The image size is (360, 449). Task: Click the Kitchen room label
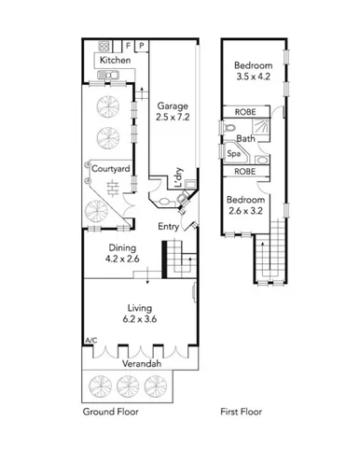(116, 60)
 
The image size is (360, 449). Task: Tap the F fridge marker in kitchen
(128, 45)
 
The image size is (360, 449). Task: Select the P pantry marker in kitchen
(141, 45)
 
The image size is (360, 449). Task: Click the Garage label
(173, 106)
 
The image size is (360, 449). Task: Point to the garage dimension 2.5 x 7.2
(173, 118)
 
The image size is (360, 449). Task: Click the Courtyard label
(110, 169)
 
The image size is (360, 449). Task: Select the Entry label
(168, 227)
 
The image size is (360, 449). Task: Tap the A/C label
(90, 342)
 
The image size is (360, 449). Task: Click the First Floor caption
(241, 412)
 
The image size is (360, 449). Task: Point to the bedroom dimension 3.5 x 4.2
(254, 79)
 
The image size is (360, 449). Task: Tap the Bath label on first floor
(245, 138)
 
